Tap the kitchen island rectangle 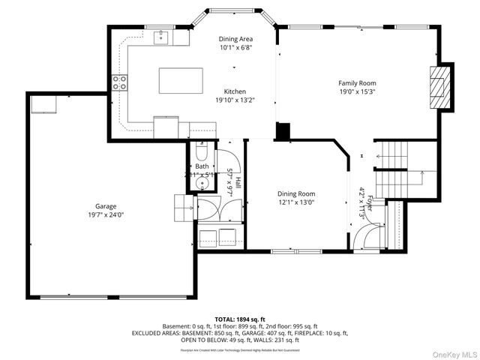181,80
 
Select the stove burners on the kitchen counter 119,82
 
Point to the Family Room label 357,83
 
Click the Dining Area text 235,39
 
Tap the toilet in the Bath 201,155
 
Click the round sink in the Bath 202,181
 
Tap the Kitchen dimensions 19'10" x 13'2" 235,100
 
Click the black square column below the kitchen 283,131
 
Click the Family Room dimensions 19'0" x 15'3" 357,91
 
